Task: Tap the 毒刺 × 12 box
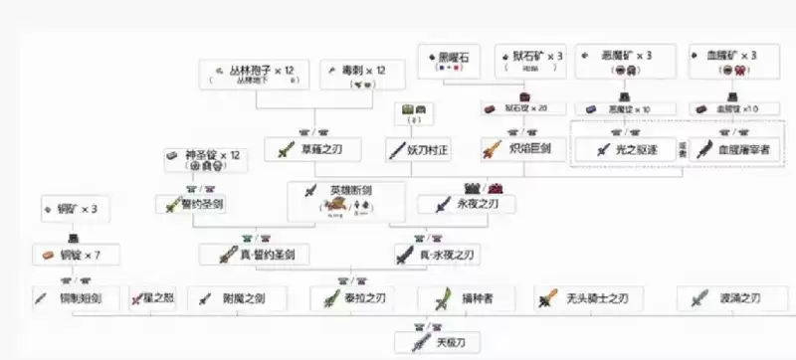tap(352, 75)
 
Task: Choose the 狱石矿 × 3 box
tap(529, 62)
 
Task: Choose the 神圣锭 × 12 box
tap(205, 159)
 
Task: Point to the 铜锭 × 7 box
tap(75, 255)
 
